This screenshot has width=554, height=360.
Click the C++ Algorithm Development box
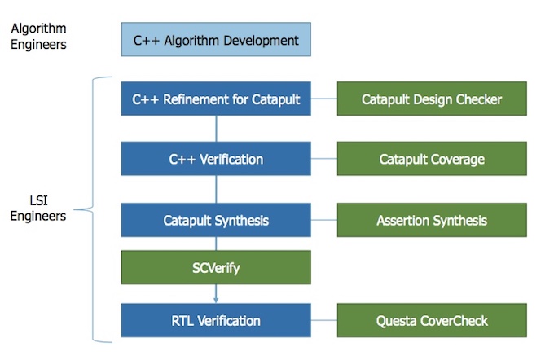[x=216, y=39]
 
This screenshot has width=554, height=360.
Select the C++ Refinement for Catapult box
[x=216, y=99]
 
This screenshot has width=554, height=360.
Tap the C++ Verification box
[x=216, y=159]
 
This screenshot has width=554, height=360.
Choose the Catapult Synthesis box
[x=216, y=220]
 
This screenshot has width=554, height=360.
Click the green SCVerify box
[x=216, y=267]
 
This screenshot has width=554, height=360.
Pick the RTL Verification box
[x=216, y=320]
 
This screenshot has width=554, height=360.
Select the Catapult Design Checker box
[x=432, y=99]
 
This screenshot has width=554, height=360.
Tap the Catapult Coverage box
[x=432, y=159]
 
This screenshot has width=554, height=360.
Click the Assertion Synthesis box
[x=432, y=220]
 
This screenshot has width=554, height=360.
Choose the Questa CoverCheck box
[x=432, y=320]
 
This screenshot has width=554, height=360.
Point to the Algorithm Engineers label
[x=38, y=37]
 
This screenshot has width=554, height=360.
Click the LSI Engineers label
[x=38, y=208]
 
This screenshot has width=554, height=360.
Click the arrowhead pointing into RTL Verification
[x=216, y=301]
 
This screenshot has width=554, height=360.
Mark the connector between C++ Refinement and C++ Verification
[x=216, y=129]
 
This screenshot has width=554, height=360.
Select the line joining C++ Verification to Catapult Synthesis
[x=216, y=189]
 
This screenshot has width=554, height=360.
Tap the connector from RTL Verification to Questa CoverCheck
[x=324, y=320]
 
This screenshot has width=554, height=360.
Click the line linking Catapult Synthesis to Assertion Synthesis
[x=324, y=220]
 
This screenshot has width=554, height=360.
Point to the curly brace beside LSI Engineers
[x=93, y=209]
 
